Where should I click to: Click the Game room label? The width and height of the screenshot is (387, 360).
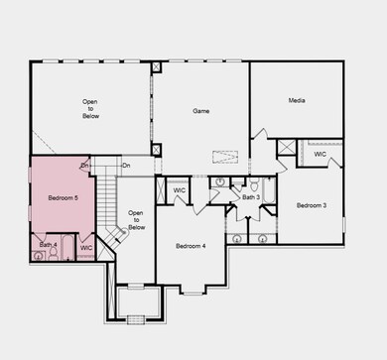click(200, 111)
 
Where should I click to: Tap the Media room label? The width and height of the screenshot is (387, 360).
click(296, 100)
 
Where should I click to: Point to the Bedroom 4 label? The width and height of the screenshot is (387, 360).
click(191, 245)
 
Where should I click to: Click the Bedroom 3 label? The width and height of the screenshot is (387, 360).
click(312, 205)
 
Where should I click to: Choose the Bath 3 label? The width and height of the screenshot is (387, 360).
click(251, 197)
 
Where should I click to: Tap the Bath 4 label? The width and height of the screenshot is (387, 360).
click(48, 245)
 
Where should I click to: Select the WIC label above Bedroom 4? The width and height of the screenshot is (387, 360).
click(180, 189)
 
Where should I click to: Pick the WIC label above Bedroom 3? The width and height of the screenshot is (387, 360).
click(320, 154)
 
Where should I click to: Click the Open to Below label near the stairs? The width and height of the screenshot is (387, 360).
click(137, 220)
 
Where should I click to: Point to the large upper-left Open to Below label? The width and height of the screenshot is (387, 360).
click(90, 108)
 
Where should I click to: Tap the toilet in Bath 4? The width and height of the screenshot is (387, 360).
click(39, 256)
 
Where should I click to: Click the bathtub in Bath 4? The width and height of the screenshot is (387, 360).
click(67, 248)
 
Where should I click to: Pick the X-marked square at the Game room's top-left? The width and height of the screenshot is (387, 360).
click(157, 68)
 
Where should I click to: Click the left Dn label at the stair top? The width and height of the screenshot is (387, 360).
click(85, 165)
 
